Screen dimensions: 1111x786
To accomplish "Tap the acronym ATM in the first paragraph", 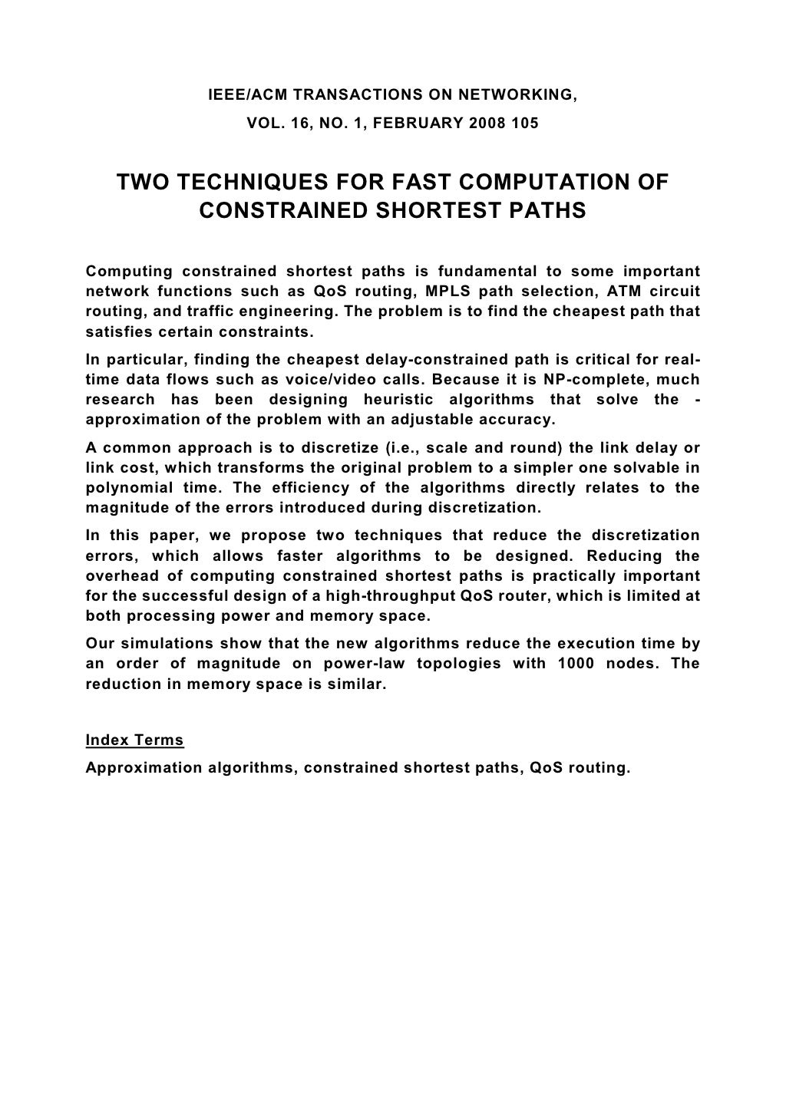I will (x=613, y=292).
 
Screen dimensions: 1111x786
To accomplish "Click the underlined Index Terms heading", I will (x=135, y=740).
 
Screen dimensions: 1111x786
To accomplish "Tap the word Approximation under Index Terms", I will (x=144, y=767).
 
